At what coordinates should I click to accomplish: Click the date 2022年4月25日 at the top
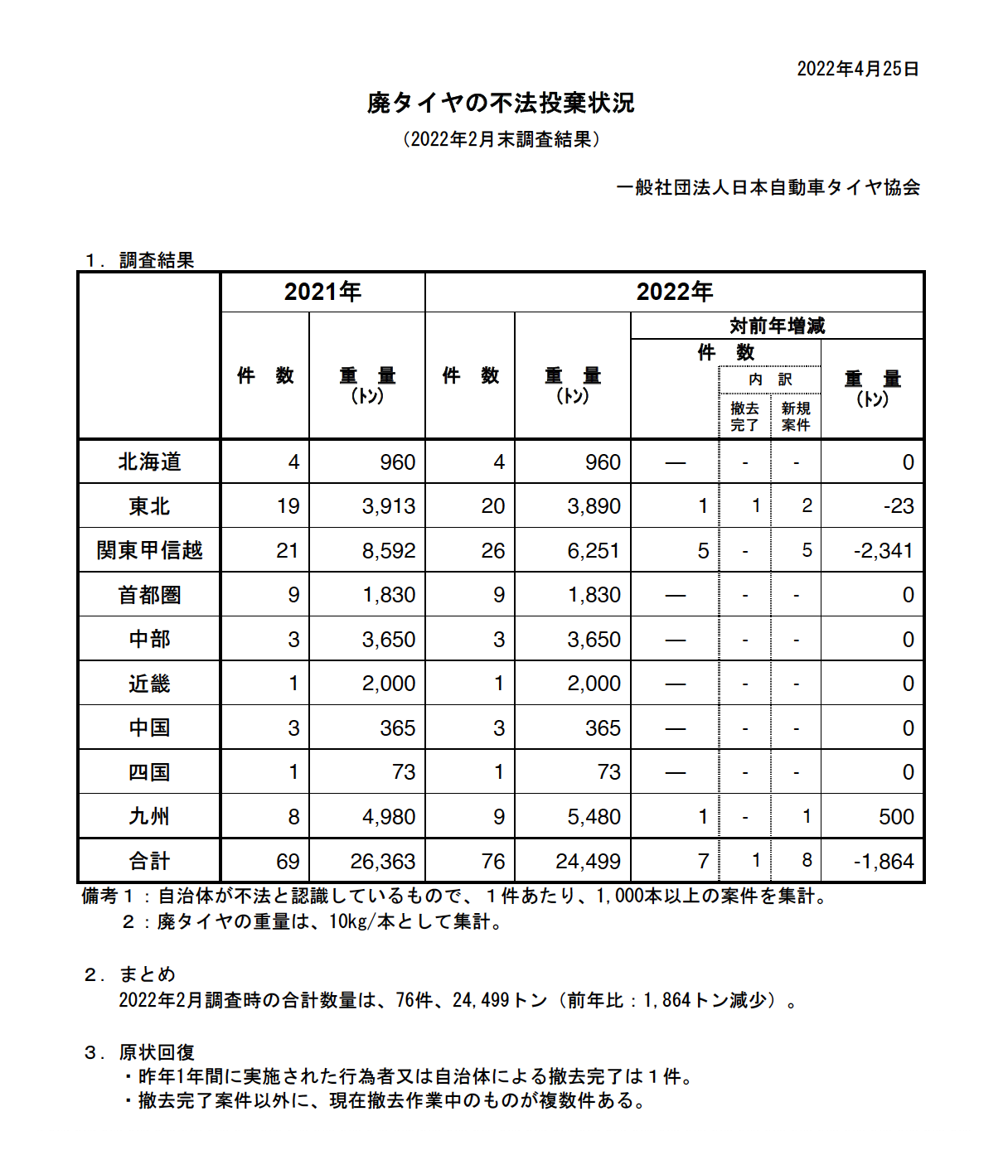[x=857, y=69]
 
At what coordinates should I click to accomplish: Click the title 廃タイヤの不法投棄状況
[x=501, y=103]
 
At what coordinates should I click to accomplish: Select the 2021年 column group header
[x=322, y=292]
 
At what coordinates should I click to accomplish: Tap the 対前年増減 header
[x=777, y=326]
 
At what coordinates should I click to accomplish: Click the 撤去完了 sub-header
[x=744, y=416]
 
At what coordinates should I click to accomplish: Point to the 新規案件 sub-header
[x=796, y=416]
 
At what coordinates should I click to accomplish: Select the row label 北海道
[x=149, y=462]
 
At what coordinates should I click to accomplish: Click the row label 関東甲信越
[x=149, y=550]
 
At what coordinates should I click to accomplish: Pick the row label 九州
[x=149, y=816]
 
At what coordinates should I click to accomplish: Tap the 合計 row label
[x=149, y=861]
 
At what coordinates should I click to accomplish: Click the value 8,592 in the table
[x=388, y=550]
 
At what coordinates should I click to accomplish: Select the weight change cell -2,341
[x=883, y=550]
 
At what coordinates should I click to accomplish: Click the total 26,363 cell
[x=382, y=861]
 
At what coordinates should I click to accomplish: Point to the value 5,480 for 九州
[x=594, y=816]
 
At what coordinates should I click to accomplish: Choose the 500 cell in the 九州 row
[x=895, y=816]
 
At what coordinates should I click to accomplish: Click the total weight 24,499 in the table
[x=588, y=861]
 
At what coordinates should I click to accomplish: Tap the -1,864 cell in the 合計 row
[x=883, y=861]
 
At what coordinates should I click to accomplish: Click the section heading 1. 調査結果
[x=139, y=260]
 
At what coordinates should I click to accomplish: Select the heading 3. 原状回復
[x=139, y=1052]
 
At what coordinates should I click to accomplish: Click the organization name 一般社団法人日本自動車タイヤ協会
[x=768, y=188]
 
